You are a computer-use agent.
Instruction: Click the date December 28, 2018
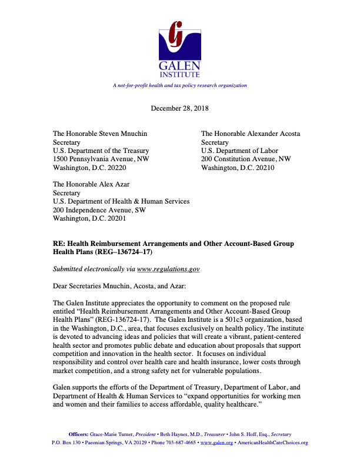(180, 108)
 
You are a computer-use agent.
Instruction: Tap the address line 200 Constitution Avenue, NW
(246, 159)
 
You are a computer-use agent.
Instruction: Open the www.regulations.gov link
(168, 269)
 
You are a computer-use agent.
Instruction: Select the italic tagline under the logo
(180, 85)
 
